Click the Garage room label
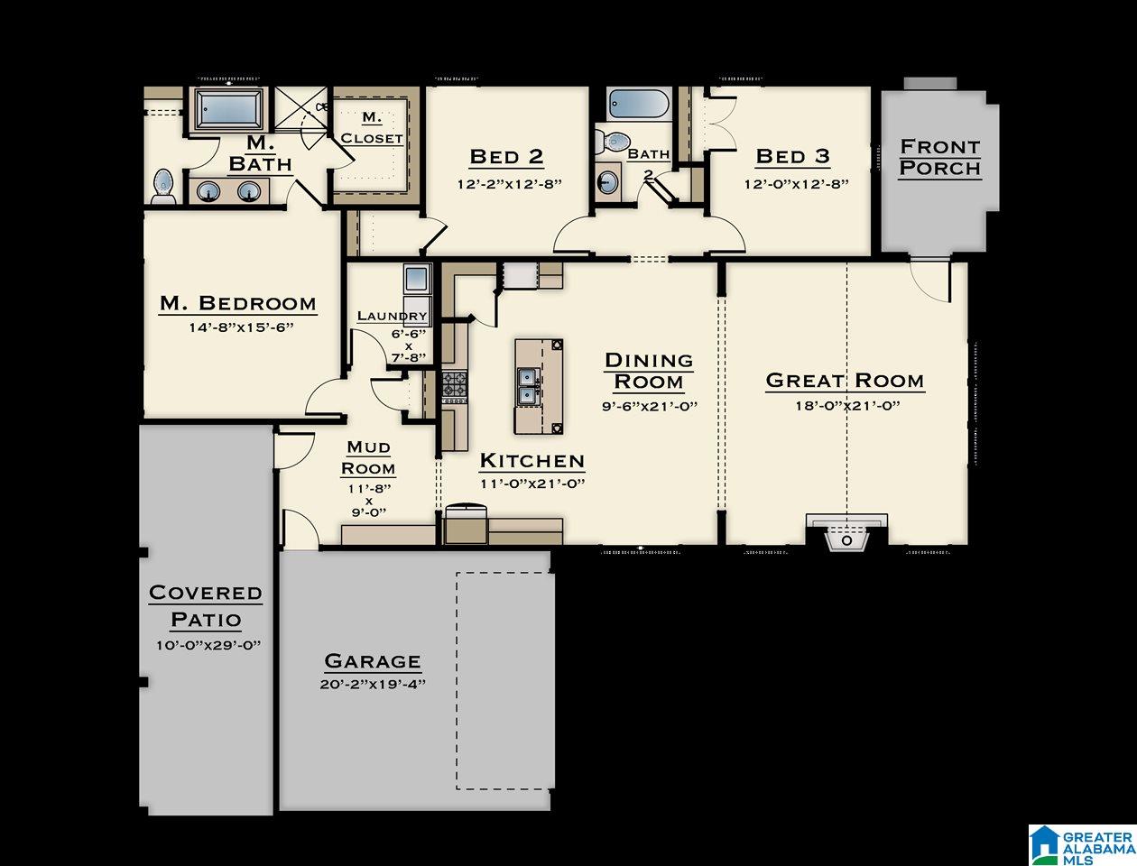click(x=372, y=661)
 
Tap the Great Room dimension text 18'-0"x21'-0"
click(x=847, y=405)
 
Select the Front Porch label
click(x=940, y=157)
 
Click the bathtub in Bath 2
click(x=640, y=105)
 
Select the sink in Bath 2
click(x=607, y=181)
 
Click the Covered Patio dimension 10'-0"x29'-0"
click(x=208, y=646)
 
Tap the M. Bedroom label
click(x=237, y=303)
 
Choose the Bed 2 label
click(x=506, y=156)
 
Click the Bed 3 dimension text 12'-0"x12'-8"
click(x=796, y=184)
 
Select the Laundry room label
click(x=393, y=316)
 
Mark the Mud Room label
click(x=368, y=457)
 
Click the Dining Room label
click(x=649, y=371)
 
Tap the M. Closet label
click(x=372, y=128)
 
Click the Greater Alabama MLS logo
click(x=1082, y=844)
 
